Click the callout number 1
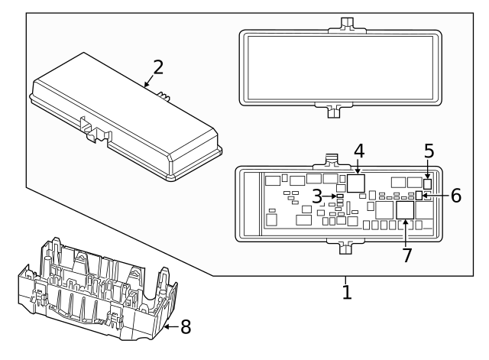(x=346, y=292)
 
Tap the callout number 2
(x=158, y=66)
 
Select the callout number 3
(x=316, y=196)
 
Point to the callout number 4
(x=358, y=151)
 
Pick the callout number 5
(x=429, y=151)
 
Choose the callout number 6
(x=455, y=196)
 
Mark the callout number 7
(x=406, y=255)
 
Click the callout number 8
(x=185, y=327)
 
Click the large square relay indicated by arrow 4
(x=356, y=183)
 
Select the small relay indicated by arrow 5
(x=428, y=183)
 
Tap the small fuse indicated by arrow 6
(x=419, y=196)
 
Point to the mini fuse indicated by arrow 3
(x=340, y=197)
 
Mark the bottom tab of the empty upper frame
(x=332, y=112)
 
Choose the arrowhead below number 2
(x=145, y=86)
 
